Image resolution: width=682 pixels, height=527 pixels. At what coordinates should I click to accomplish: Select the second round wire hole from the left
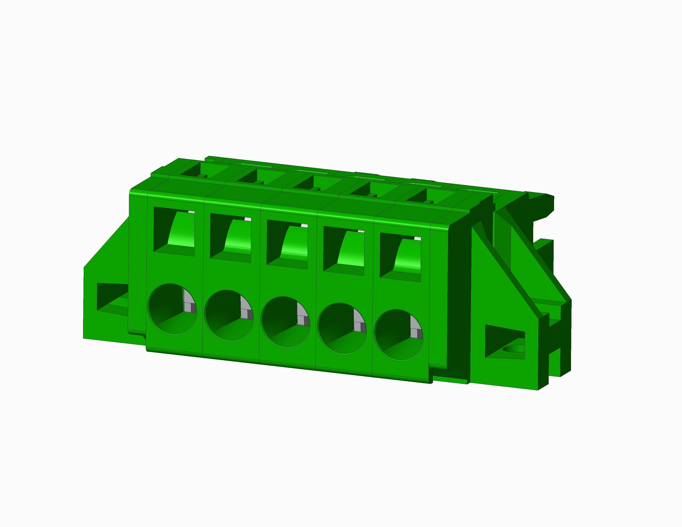[x=228, y=315]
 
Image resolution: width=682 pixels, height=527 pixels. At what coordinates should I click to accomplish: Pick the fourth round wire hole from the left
[x=341, y=328]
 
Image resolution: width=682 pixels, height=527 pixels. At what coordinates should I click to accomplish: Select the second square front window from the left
[x=230, y=238]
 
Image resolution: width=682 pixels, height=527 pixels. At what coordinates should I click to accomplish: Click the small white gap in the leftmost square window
[x=191, y=212]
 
